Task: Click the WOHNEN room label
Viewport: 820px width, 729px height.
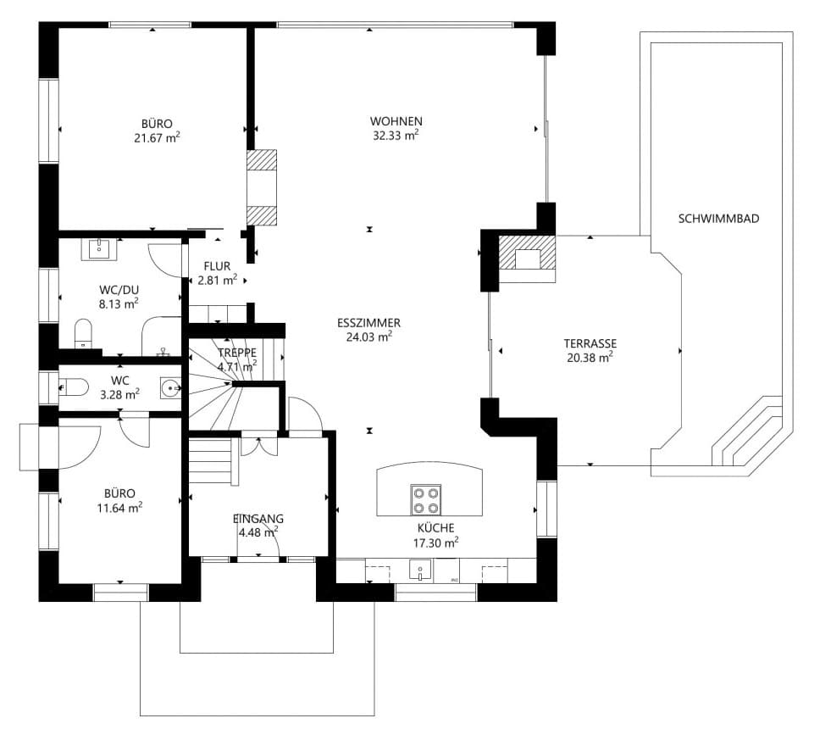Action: pyautogui.click(x=396, y=120)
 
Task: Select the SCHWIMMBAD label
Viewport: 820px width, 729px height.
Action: pyautogui.click(x=718, y=219)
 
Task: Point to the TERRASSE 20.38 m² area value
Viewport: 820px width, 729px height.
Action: pyautogui.click(x=590, y=358)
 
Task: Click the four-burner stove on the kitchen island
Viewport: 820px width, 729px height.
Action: pyautogui.click(x=425, y=498)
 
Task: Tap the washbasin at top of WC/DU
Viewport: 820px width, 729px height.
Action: pyautogui.click(x=99, y=248)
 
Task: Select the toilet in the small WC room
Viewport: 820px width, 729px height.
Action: pyautogui.click(x=75, y=387)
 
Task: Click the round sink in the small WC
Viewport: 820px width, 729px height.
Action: pyautogui.click(x=170, y=389)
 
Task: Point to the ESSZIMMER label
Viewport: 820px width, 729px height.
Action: pyautogui.click(x=368, y=323)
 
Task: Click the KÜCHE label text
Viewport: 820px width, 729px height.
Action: pyautogui.click(x=435, y=527)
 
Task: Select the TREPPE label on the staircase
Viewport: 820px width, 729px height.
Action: pyautogui.click(x=237, y=353)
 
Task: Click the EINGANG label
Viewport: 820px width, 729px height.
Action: pyautogui.click(x=258, y=519)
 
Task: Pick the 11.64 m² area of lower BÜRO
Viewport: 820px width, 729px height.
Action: pyautogui.click(x=119, y=508)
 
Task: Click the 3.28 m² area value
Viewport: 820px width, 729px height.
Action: pyautogui.click(x=119, y=394)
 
